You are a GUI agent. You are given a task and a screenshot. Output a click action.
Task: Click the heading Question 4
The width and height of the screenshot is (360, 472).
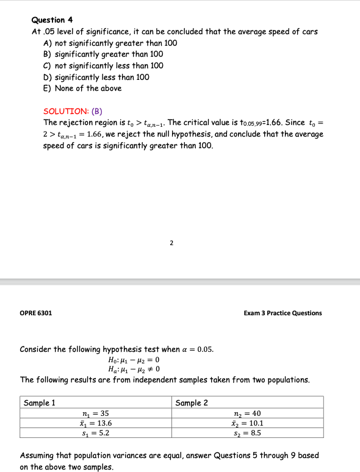pos(52,20)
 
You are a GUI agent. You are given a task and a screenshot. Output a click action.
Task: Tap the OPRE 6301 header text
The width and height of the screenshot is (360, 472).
pos(36,313)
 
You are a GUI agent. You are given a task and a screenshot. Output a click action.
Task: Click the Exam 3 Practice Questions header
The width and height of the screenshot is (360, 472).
pos(283,313)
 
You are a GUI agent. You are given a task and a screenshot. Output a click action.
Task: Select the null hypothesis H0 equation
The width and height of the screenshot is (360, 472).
pos(133,360)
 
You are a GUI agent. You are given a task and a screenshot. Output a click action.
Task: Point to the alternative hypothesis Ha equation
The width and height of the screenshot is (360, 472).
pos(133,370)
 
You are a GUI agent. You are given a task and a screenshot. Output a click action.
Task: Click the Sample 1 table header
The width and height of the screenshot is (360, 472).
pos(40,402)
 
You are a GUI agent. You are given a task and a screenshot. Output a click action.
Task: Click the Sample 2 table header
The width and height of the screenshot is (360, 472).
pos(192,402)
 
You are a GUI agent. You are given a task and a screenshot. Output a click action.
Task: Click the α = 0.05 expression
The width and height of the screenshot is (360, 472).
pos(196,349)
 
